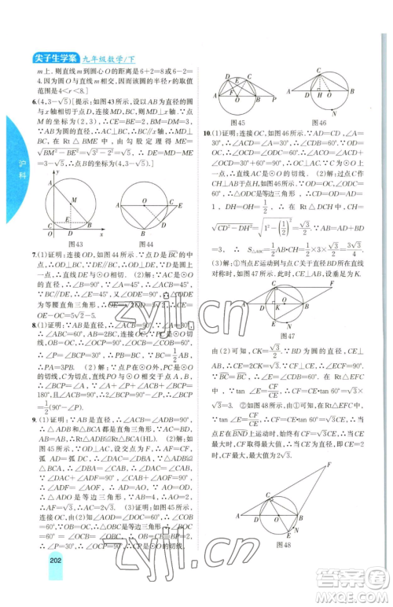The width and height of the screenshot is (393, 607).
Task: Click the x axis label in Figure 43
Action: coord(101,234)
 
